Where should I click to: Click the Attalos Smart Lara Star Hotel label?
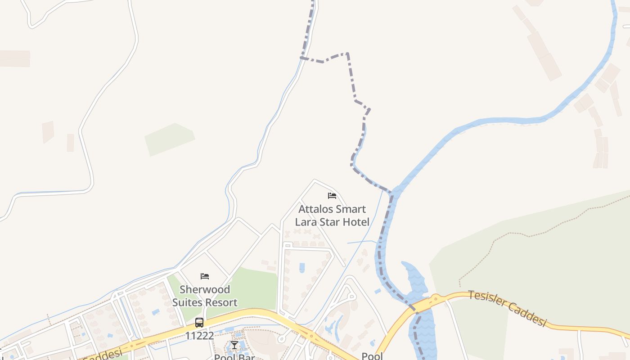(332, 216)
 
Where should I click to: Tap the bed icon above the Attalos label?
(332, 196)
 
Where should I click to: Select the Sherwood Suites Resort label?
(205, 296)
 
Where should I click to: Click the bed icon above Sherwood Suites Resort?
(205, 276)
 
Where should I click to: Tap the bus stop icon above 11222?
(199, 323)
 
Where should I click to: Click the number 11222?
(199, 336)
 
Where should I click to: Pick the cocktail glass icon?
(234, 345)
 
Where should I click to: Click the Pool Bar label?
(234, 357)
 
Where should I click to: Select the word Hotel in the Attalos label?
(355, 222)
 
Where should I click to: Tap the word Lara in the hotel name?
(305, 222)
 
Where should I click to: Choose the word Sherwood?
(205, 289)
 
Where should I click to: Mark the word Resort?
(221, 302)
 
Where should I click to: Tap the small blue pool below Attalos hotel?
(302, 267)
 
